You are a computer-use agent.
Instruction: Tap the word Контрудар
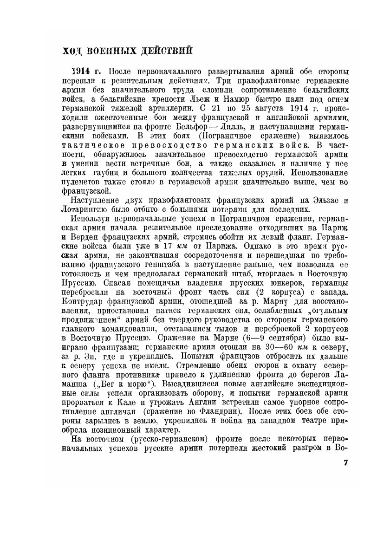pos(83,300)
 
